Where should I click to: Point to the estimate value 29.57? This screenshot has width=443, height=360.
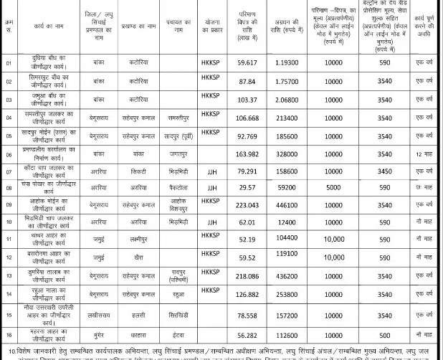[x=242, y=188]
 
